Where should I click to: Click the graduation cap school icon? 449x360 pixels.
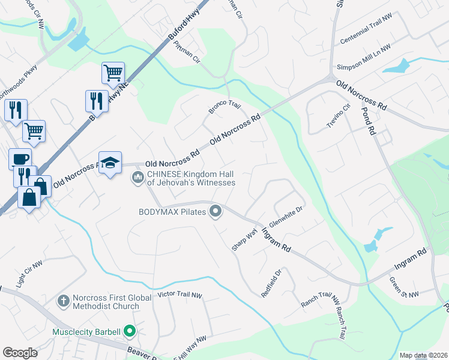click(110, 163)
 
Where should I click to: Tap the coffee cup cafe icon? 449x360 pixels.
click(20, 159)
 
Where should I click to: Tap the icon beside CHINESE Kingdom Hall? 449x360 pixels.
click(137, 176)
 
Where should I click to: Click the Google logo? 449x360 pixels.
click(20, 353)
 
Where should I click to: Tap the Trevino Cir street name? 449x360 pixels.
click(338, 116)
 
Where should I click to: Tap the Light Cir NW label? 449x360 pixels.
click(29, 273)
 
